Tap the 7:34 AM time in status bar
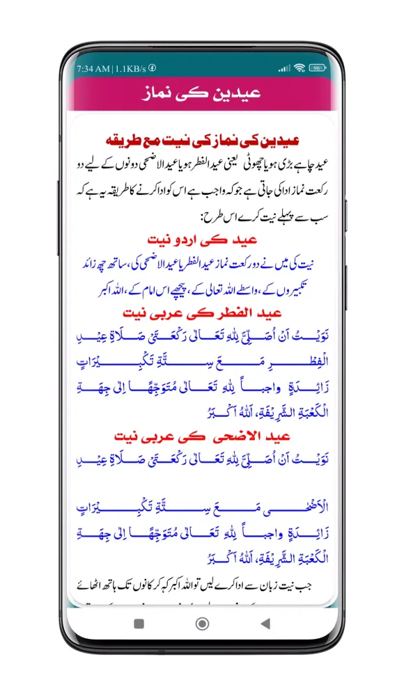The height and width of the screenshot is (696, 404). [93, 68]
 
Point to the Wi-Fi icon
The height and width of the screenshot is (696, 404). [300, 68]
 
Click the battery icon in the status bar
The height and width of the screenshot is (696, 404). [317, 68]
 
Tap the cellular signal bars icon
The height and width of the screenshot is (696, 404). [283, 68]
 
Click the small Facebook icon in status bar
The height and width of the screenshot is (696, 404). [152, 68]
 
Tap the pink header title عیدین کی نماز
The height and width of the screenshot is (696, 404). [201, 93]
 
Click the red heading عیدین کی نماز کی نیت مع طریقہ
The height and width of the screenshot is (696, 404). [201, 140]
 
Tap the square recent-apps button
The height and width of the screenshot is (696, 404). [139, 624]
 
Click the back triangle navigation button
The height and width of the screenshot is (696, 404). [265, 624]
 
